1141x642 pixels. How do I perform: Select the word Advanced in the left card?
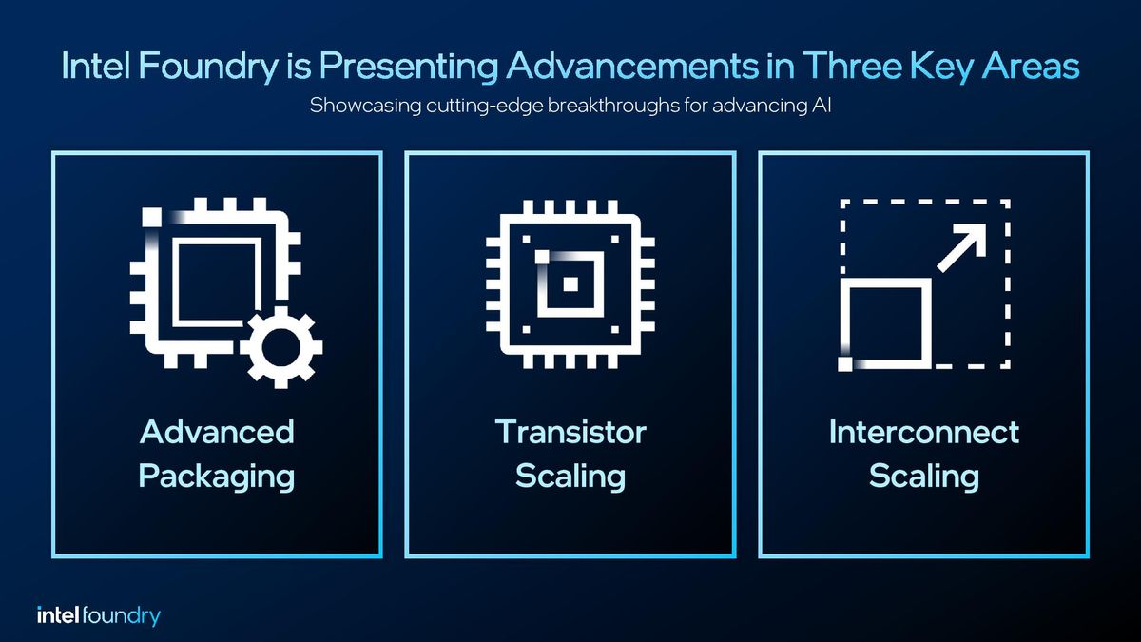tap(217, 432)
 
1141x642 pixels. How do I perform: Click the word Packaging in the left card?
tap(217, 476)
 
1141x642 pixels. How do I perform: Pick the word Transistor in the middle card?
tap(570, 432)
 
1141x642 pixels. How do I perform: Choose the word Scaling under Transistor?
tap(570, 476)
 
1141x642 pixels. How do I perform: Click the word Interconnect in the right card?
tap(923, 432)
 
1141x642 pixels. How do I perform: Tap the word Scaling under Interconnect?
tap(923, 476)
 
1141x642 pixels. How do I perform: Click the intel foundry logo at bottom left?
tap(98, 615)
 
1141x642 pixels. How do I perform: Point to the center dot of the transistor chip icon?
tap(570, 283)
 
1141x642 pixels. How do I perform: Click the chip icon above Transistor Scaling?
tap(570, 283)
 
